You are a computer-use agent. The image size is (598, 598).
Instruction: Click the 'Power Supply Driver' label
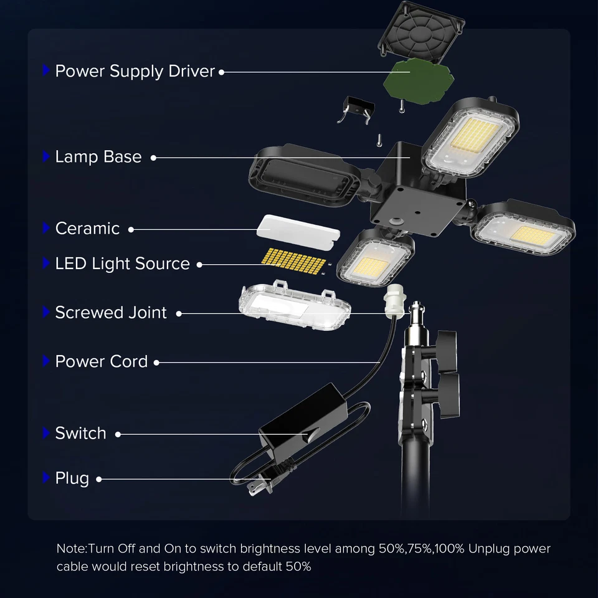(135, 71)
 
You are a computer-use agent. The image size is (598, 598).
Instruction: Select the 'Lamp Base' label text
(98, 157)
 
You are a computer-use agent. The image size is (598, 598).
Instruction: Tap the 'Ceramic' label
(87, 229)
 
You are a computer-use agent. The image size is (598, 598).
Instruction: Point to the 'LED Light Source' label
(122, 263)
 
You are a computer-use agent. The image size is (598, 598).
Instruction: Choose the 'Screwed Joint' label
(111, 312)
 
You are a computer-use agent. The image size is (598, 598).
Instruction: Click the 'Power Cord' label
(102, 361)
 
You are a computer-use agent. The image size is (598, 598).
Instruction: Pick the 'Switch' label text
(80, 433)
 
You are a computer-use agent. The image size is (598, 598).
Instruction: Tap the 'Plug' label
(72, 478)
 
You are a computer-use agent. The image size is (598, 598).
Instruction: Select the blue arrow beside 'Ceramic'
(45, 228)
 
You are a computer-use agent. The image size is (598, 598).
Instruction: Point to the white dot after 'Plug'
(99, 479)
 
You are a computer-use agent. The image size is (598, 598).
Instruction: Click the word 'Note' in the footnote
(70, 549)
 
